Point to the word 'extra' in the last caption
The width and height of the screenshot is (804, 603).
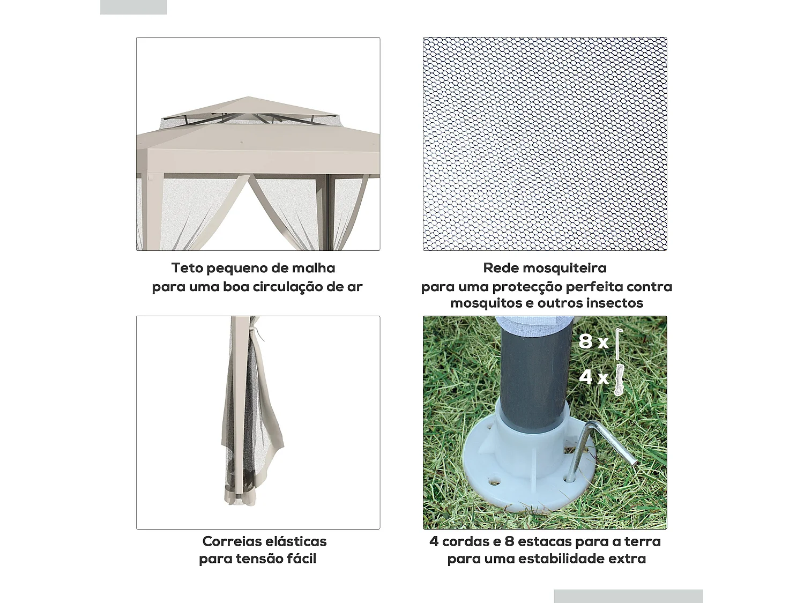coord(627,559)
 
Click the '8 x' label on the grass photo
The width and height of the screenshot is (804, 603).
coord(593,342)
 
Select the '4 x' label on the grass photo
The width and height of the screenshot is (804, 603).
coord(593,376)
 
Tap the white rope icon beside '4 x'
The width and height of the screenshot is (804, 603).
coord(619,379)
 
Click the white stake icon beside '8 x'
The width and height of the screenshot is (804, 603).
coord(619,344)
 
